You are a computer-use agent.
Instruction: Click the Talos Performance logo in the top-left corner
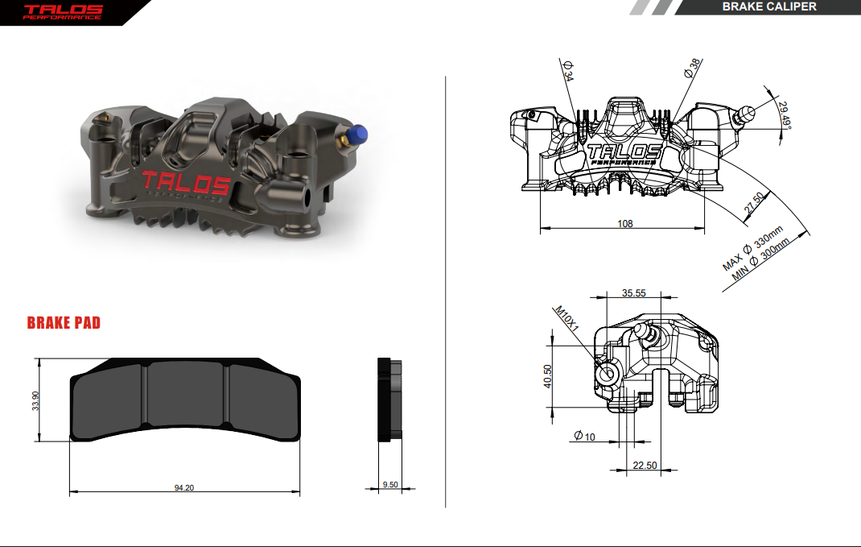(63, 11)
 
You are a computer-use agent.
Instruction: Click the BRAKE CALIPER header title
(768, 7)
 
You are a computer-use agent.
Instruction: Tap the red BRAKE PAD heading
(64, 323)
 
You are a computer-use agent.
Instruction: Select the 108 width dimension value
(624, 224)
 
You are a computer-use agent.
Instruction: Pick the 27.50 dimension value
(755, 202)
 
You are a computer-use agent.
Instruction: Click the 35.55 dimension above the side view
(633, 293)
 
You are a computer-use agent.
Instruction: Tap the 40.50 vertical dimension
(547, 376)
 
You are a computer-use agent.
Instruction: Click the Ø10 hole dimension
(585, 436)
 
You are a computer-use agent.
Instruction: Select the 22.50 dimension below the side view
(645, 465)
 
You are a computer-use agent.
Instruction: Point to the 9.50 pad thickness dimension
(389, 485)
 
